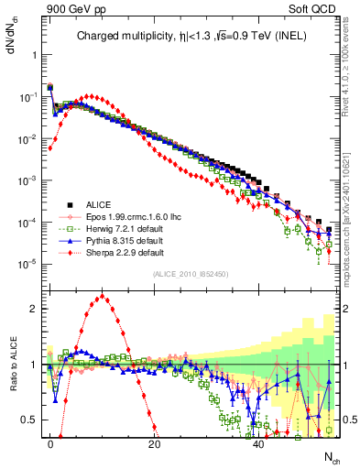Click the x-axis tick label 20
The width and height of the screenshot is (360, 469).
[x=155, y=442]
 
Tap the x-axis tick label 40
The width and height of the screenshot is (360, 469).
[x=259, y=442]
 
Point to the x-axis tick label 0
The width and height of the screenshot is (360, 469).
[x=50, y=442]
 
